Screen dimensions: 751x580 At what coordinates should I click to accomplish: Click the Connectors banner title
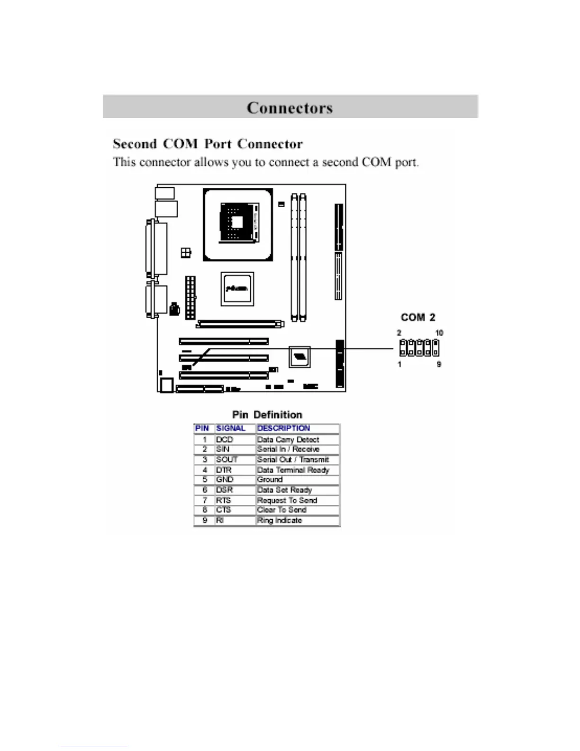[x=290, y=108]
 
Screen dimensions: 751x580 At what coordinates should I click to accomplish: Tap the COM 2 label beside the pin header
[x=418, y=317]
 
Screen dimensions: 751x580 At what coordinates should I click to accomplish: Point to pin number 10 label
[x=439, y=333]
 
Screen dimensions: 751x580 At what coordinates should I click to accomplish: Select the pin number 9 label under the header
[x=439, y=364]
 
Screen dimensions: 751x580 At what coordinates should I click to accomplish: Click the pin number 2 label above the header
[x=399, y=333]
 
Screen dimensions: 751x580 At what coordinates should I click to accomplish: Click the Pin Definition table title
[x=267, y=415]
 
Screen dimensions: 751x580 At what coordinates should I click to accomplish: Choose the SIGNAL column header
[x=231, y=428]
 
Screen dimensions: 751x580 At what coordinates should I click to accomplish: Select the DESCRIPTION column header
[x=283, y=428]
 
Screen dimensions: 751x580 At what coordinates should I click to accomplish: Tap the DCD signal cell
[x=225, y=440]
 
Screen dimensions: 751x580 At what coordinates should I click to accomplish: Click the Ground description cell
[x=270, y=479]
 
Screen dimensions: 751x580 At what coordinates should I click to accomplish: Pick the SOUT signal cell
[x=227, y=459]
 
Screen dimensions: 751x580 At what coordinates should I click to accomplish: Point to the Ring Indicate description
[x=280, y=520]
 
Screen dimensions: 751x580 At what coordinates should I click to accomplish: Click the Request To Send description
[x=287, y=500]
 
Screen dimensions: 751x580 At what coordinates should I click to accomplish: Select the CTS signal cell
[x=224, y=510]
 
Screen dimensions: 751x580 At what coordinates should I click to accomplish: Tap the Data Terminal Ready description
[x=293, y=470]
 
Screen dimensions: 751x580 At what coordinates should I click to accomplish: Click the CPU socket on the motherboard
[x=238, y=225]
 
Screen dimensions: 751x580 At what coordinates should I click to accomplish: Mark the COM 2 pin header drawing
[x=419, y=348]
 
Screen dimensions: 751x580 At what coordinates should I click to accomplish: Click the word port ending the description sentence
[x=407, y=162]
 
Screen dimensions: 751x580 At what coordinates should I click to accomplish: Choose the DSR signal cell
[x=225, y=490]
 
